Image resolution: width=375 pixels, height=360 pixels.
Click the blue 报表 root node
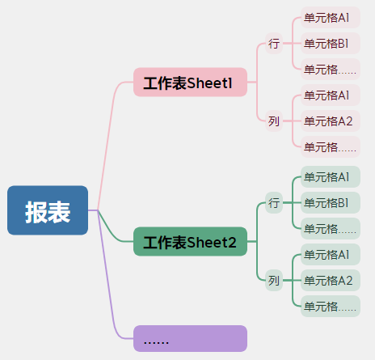coord(48,210)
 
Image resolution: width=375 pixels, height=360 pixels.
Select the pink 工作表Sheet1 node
coord(190,82)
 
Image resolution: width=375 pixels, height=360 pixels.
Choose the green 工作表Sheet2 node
coord(190,241)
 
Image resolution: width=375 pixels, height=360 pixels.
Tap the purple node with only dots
coord(190,338)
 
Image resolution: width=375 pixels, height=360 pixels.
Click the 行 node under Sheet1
coord(274,43)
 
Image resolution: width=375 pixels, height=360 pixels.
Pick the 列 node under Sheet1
coord(274,121)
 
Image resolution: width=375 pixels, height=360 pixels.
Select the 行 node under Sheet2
coord(274,202)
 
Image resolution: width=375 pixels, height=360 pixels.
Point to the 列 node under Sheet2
coord(274,280)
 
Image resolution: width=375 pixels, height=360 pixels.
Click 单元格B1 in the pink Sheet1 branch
coord(331,43)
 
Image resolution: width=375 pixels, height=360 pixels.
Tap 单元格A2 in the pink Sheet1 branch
coord(331,121)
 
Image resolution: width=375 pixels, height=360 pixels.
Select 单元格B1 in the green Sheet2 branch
coord(331,202)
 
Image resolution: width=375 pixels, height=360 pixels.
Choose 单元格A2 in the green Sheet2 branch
coord(331,280)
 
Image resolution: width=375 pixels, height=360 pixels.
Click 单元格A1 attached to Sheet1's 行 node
coord(331,17)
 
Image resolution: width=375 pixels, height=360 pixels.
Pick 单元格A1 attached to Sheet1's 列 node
coord(331,95)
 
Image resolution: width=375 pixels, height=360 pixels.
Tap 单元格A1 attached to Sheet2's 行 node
coord(331,176)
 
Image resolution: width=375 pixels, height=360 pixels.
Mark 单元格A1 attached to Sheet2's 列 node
coord(331,254)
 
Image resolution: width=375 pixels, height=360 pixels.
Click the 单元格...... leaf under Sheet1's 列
coord(331,146)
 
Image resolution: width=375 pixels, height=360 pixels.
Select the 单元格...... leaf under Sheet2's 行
coord(331,228)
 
